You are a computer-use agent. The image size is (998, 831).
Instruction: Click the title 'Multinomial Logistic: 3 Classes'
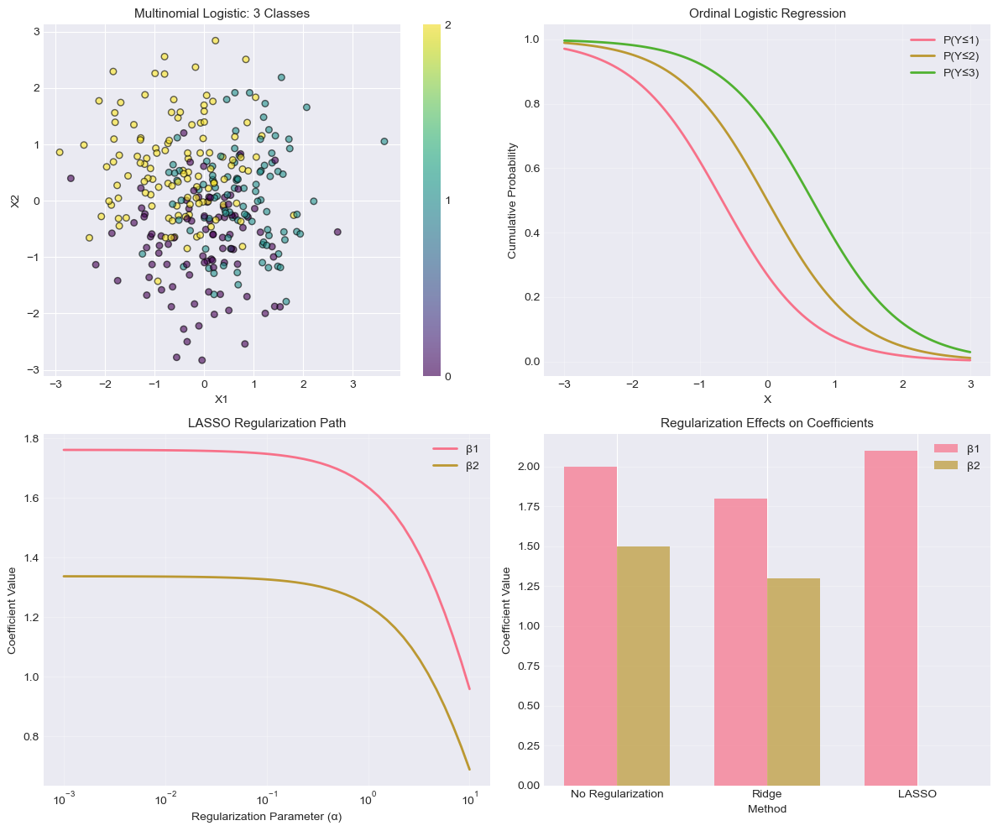pyautogui.click(x=222, y=14)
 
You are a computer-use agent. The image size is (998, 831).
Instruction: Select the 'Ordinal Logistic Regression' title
pyautogui.click(x=766, y=14)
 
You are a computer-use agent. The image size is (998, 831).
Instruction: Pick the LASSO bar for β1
pyautogui.click(x=891, y=618)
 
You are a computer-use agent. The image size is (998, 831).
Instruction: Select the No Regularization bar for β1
pyautogui.click(x=590, y=625)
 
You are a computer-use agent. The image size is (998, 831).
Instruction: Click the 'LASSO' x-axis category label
pyautogui.click(x=917, y=794)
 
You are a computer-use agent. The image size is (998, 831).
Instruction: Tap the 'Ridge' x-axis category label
pyautogui.click(x=766, y=794)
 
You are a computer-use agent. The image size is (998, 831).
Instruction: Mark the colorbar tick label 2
pyautogui.click(x=449, y=25)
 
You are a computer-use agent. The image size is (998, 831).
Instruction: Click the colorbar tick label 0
pyautogui.click(x=449, y=376)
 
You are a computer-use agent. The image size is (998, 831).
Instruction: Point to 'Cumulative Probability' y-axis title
pyautogui.click(x=512, y=200)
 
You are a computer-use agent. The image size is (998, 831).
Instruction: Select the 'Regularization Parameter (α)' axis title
pyautogui.click(x=266, y=816)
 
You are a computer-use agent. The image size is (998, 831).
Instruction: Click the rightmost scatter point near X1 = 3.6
pyautogui.click(x=384, y=142)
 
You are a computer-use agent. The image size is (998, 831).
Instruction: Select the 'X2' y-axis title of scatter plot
pyautogui.click(x=14, y=200)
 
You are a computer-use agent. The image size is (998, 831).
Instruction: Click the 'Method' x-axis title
pyautogui.click(x=766, y=808)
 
